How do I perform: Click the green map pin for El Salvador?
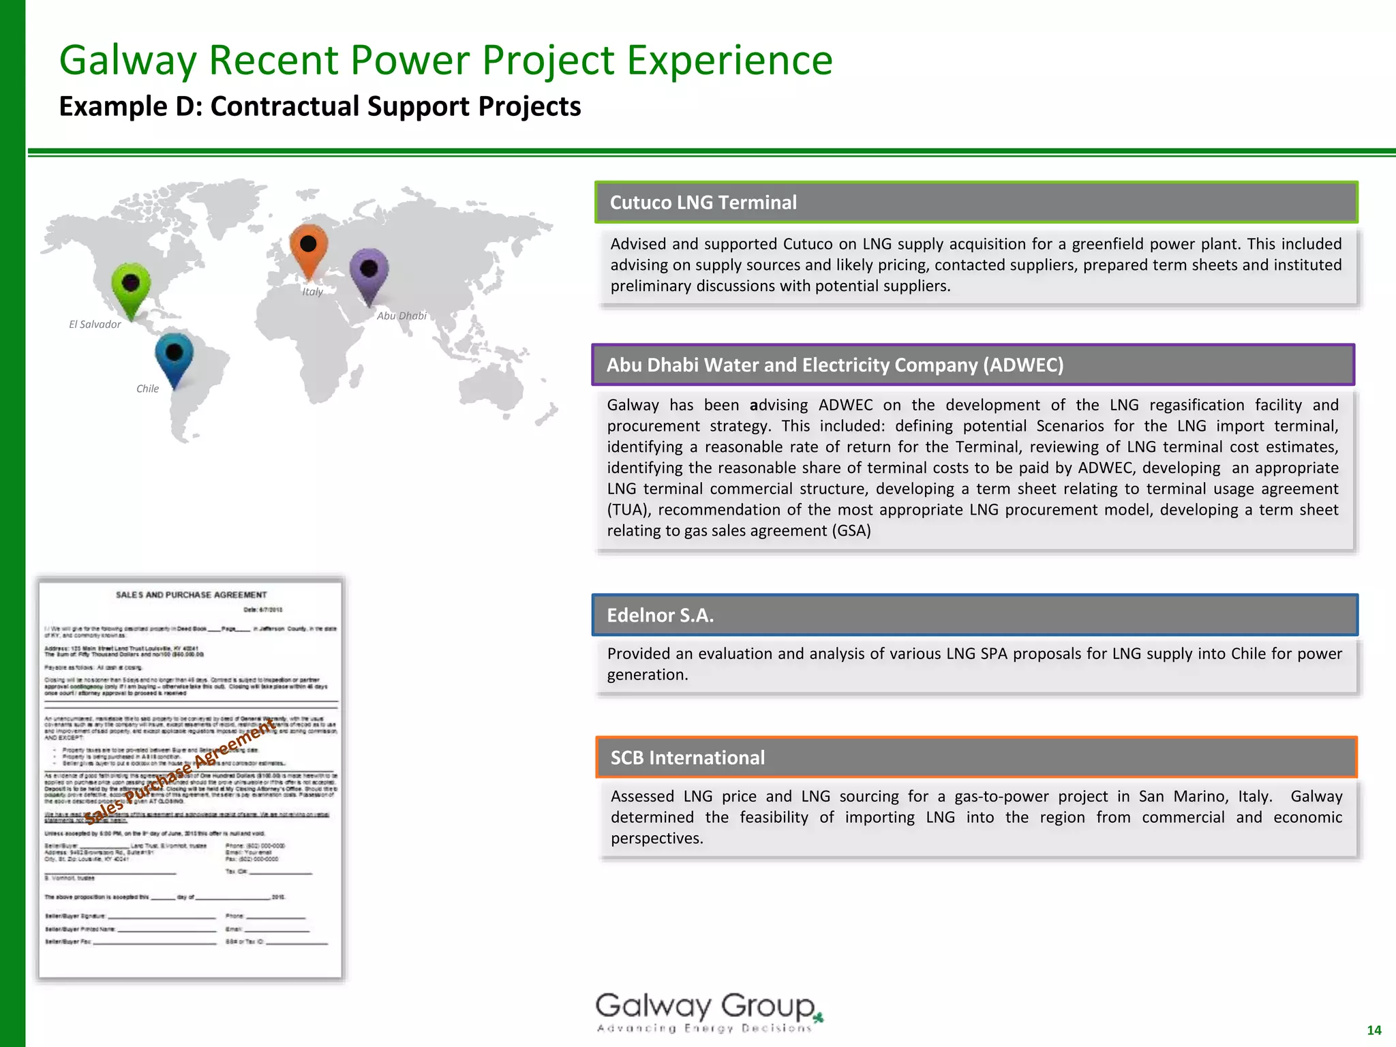131,286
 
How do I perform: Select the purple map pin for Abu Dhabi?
369,272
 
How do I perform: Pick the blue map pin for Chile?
174,356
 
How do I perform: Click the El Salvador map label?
95,324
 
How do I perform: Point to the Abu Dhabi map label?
401,316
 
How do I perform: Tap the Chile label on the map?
147,389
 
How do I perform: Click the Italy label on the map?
312,292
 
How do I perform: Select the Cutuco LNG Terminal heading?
703,202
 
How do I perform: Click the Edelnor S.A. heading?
660,616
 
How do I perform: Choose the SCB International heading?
687,758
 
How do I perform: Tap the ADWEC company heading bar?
835,365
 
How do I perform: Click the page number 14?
1374,1030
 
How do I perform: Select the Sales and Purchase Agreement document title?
191,595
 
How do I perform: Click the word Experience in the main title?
729,60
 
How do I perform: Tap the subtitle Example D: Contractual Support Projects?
320,107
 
